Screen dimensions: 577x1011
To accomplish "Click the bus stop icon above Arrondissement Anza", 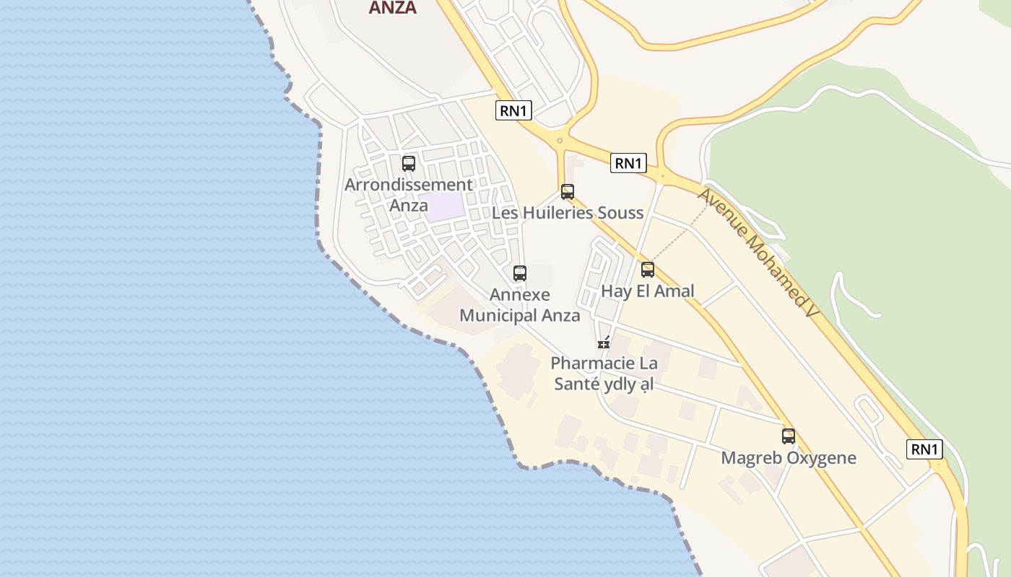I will [x=409, y=164].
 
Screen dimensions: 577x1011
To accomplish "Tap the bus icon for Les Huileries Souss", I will [x=568, y=192].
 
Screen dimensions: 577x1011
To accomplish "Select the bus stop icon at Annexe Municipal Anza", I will [x=520, y=273].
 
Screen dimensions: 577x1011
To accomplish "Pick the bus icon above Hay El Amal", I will [x=648, y=270].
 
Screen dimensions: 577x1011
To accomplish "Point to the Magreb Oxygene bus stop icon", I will [x=789, y=436].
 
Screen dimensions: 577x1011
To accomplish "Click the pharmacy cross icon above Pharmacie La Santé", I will [x=604, y=343].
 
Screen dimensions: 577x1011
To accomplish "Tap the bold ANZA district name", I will [x=392, y=8].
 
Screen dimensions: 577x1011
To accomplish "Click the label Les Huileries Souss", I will [x=567, y=213].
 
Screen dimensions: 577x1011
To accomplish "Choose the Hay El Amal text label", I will [x=648, y=291].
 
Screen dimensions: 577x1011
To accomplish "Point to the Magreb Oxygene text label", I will [x=789, y=458].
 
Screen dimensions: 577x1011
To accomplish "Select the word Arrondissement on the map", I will [x=409, y=185].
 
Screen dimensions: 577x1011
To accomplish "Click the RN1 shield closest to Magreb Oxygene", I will [x=924, y=449].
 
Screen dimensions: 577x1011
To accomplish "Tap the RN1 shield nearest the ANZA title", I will [x=514, y=110].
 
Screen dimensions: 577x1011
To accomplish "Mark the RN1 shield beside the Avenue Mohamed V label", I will [x=628, y=164].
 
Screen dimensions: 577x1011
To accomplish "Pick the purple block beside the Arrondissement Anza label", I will [x=443, y=207].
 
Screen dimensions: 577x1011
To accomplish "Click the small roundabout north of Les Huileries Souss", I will [x=560, y=140].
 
